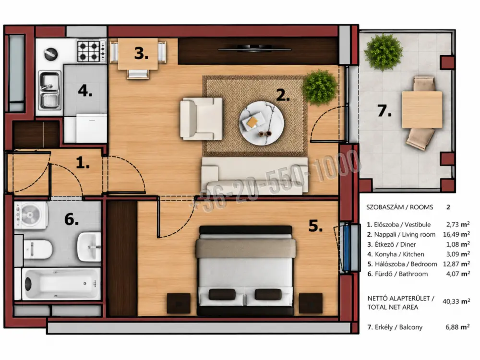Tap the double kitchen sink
[49, 90]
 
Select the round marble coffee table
[262, 123]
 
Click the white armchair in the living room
[201, 119]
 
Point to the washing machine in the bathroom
[31, 215]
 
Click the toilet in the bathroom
[37, 249]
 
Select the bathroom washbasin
[89, 247]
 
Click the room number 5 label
[316, 226]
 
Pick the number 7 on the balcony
[384, 110]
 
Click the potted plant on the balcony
[384, 52]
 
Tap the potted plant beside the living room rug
[320, 87]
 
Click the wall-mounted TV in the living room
[254, 48]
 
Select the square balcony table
[422, 109]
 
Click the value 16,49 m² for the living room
[456, 235]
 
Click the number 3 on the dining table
[141, 53]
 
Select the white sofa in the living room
[255, 176]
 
